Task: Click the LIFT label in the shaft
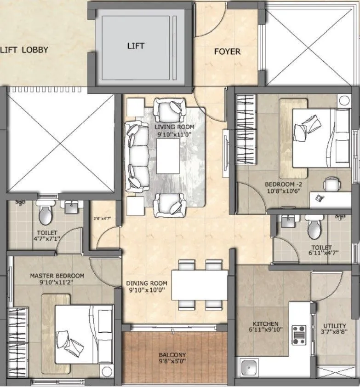click(136, 46)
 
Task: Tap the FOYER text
click(227, 52)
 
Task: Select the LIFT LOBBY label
click(24, 50)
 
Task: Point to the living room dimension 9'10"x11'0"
click(174, 134)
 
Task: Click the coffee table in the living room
click(168, 156)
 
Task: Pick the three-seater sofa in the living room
click(137, 157)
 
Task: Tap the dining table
click(200, 285)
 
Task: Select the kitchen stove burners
click(300, 335)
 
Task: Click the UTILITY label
click(334, 326)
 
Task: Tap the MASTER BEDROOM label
click(57, 276)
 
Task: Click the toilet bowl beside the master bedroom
click(45, 213)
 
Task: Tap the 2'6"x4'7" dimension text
click(102, 219)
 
